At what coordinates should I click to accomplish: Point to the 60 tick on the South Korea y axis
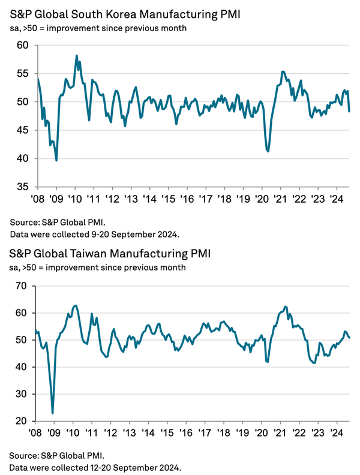click(22, 45)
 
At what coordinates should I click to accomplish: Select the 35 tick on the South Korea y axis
click(22, 187)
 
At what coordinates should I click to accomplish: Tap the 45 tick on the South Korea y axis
click(22, 130)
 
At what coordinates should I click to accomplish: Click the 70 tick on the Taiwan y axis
click(22, 285)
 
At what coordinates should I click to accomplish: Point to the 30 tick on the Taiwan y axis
click(22, 394)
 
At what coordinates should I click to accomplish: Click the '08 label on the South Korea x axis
click(37, 199)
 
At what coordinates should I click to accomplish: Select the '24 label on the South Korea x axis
click(337, 199)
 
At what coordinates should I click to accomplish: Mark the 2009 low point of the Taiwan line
click(53, 413)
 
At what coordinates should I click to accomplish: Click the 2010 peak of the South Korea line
click(77, 56)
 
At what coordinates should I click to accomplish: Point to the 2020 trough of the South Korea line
click(268, 151)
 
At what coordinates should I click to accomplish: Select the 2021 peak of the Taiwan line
click(284, 306)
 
